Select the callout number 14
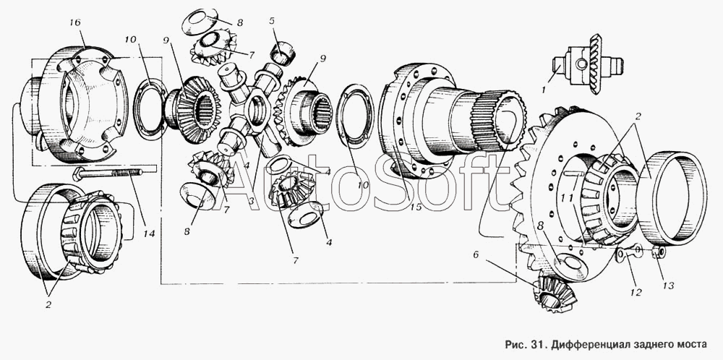[148, 233]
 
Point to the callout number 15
[416, 207]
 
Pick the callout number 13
[668, 286]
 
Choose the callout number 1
[544, 91]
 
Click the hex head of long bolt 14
[78, 174]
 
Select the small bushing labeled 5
[283, 53]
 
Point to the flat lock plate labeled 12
[630, 254]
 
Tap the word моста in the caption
[690, 345]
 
